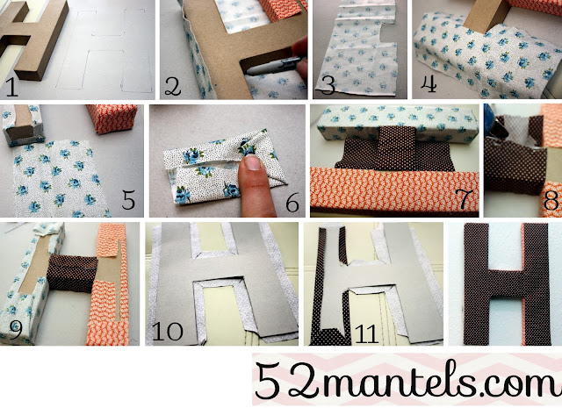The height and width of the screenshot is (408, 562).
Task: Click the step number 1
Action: pos(11,88)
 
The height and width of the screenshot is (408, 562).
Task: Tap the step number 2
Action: pos(172,87)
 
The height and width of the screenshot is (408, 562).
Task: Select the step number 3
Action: pos(328,86)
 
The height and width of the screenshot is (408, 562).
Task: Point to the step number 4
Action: pos(429,84)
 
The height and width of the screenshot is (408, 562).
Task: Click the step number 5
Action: pos(128,200)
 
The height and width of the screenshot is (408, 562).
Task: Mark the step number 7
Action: pos(462,199)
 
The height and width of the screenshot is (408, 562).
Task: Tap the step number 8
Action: pos(551,201)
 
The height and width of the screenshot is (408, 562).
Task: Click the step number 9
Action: pos(15,330)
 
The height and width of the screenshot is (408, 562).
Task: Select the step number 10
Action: pos(168,332)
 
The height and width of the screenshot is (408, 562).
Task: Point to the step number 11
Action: pos(367,333)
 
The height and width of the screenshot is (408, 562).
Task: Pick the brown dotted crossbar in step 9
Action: pos(72,273)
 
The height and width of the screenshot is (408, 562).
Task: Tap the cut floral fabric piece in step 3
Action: pos(357,50)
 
